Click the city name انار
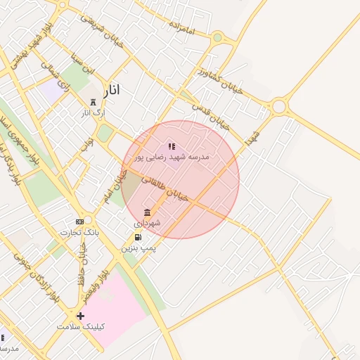tap(111, 90)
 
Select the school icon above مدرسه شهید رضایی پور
tap(172, 146)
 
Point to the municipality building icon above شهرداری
tap(147, 212)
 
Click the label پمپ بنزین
tap(138, 247)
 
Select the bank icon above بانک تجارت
tap(79, 221)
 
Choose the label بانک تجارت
tap(79, 231)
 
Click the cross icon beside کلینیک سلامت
tap(80, 316)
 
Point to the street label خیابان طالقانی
tap(165, 189)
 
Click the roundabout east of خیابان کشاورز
tap(280, 107)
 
